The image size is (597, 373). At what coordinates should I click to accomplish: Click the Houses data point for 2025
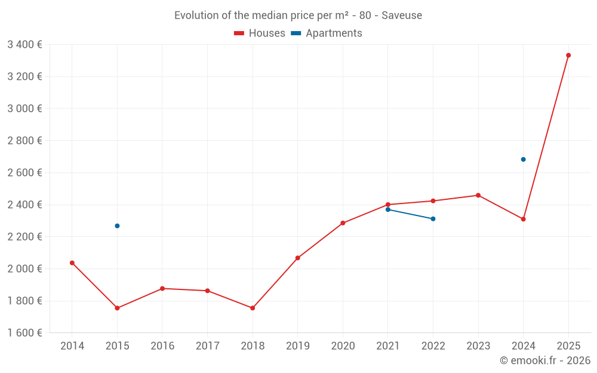pos(568,56)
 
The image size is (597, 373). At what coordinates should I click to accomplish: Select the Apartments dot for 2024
pos(523,159)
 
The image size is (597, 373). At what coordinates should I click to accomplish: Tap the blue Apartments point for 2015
pos(117,226)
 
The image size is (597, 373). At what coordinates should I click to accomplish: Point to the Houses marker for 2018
pos(253,308)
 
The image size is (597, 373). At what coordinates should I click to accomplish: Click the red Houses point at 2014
pos(72,263)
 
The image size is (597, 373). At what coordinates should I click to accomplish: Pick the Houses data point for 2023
pos(478,195)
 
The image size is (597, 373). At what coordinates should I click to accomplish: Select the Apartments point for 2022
pos(433,218)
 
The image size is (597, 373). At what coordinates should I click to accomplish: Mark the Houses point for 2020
pos(343,223)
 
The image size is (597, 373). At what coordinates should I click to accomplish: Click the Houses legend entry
pos(260,33)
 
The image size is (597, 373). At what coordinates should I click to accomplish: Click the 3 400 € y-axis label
pos(24,44)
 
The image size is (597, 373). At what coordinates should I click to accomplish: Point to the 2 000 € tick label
pos(24,269)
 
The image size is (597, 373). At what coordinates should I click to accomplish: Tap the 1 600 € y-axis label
pos(24,332)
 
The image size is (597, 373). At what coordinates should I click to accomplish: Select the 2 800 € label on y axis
pos(24,140)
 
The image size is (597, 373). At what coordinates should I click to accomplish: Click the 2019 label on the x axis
pos(297,346)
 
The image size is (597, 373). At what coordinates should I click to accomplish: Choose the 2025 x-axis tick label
pos(568,346)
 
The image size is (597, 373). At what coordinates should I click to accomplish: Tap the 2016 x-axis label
pos(162,346)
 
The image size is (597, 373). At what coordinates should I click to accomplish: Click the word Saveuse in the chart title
pos(402,16)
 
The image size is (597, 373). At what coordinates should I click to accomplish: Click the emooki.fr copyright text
pos(544,360)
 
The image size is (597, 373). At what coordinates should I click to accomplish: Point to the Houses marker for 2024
pos(523,219)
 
